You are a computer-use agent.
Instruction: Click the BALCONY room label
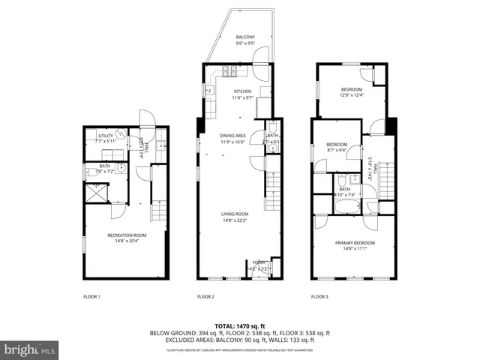coord(245,37)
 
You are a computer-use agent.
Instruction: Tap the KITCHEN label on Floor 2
coord(242,91)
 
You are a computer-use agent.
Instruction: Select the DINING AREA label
coord(232,136)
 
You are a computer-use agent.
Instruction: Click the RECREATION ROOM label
coord(120,235)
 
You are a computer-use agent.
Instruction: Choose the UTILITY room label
coord(105,136)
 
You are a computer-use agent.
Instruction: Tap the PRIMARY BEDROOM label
coord(355,243)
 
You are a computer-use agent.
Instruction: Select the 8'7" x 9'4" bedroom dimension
coord(336,149)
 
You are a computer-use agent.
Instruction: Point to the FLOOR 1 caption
coord(91,297)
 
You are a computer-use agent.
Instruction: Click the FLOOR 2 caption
coord(205,297)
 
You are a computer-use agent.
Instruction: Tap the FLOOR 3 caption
coord(320,297)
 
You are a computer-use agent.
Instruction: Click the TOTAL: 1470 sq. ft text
coord(240,326)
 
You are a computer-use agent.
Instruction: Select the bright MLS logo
coord(30,349)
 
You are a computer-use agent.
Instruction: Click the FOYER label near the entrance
coord(258,262)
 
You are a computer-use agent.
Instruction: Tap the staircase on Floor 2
coord(274,180)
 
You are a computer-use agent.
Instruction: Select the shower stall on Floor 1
coord(96,192)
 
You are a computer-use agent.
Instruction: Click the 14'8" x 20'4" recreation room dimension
coord(120,241)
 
